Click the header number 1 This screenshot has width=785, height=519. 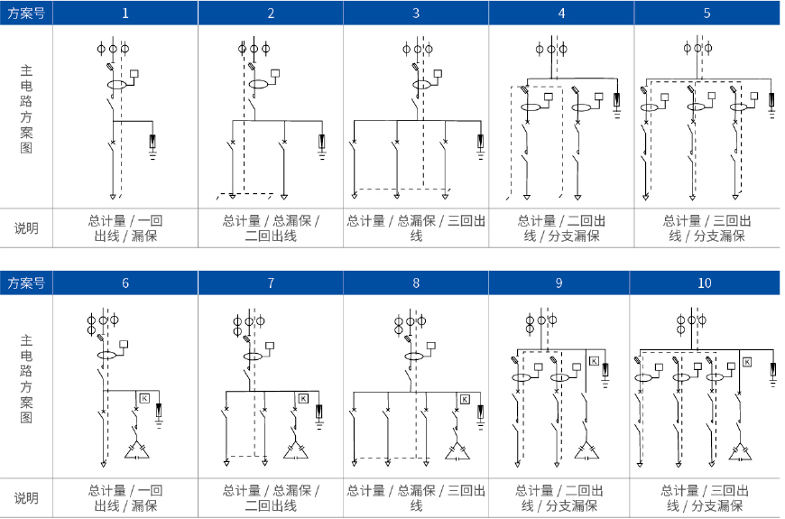(125, 13)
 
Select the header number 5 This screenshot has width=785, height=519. (706, 13)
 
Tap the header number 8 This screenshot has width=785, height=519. (416, 283)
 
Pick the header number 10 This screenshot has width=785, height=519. (705, 283)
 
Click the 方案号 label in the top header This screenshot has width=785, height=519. (26, 13)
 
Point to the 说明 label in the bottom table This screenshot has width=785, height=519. (26, 498)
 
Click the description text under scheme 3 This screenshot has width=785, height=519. (416, 228)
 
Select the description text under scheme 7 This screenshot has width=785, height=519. (271, 498)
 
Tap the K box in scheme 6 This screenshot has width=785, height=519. (144, 398)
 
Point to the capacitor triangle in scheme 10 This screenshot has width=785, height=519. (740, 451)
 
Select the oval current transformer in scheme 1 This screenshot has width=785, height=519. (117, 84)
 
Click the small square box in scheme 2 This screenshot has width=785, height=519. (275, 74)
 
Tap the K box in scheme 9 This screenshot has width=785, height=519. (595, 361)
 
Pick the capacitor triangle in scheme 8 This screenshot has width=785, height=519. (457, 451)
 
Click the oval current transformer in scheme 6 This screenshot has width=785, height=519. (106, 356)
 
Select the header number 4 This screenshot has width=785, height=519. (562, 13)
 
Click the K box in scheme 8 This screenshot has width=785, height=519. (465, 399)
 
